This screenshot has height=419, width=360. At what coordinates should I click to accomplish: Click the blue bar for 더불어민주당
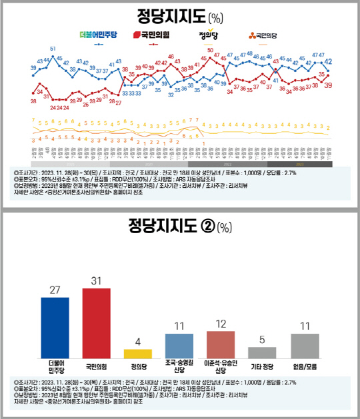[59, 326]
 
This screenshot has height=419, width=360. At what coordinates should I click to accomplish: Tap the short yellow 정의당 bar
[138, 352]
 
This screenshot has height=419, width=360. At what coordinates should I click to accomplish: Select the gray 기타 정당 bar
[262, 352]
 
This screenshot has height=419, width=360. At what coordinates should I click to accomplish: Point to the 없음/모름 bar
[304, 344]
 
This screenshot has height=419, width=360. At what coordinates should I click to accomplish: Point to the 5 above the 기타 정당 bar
[262, 340]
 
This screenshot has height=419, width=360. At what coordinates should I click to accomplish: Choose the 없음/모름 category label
[304, 366]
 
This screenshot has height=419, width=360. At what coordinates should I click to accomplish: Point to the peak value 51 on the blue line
[53, 49]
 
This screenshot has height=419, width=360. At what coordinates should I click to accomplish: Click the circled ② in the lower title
[205, 228]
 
